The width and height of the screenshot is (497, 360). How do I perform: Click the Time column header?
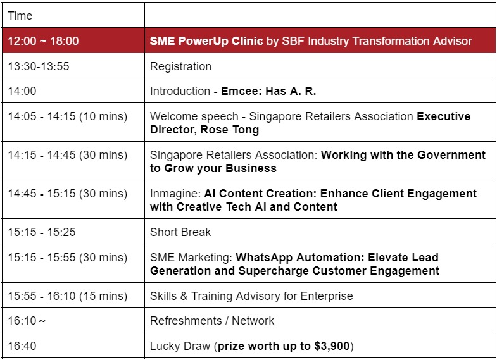click(x=20, y=16)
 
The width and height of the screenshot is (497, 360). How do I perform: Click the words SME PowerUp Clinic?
click(x=206, y=41)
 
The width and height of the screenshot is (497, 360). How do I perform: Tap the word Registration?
click(x=180, y=66)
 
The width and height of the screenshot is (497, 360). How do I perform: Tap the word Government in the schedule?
click(x=451, y=155)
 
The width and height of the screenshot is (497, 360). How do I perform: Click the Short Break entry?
click(x=180, y=232)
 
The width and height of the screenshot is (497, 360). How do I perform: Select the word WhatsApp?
click(x=264, y=258)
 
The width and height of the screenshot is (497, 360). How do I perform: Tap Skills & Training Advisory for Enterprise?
click(x=251, y=296)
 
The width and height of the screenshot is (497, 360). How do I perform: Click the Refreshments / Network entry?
click(x=212, y=320)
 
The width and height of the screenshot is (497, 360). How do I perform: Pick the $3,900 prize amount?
click(x=332, y=345)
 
